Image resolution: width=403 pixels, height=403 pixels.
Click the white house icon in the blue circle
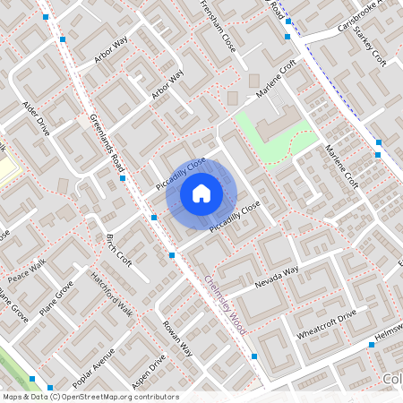(x=201, y=193)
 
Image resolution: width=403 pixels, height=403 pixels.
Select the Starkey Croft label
(x=369, y=46)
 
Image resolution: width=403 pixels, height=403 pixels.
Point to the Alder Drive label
(x=37, y=116)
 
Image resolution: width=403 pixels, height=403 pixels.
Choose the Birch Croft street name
(x=118, y=252)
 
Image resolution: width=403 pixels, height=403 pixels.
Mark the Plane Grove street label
(x=56, y=299)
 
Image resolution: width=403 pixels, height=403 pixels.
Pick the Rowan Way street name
(x=178, y=338)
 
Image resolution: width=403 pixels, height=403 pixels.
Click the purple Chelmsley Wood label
(x=225, y=304)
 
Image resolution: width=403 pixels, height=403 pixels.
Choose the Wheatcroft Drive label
(x=327, y=323)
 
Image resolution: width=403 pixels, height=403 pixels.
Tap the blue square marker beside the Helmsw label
(x=371, y=345)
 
